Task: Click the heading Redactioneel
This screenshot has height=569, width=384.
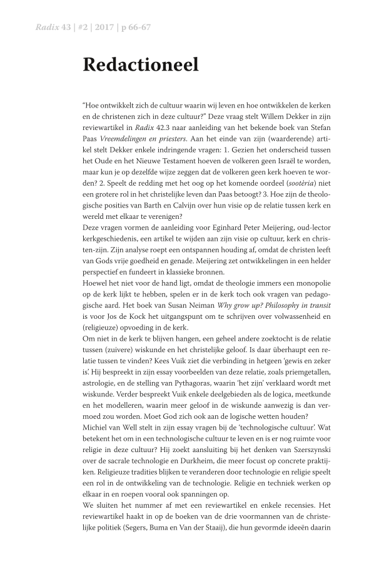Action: [x=140, y=64]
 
